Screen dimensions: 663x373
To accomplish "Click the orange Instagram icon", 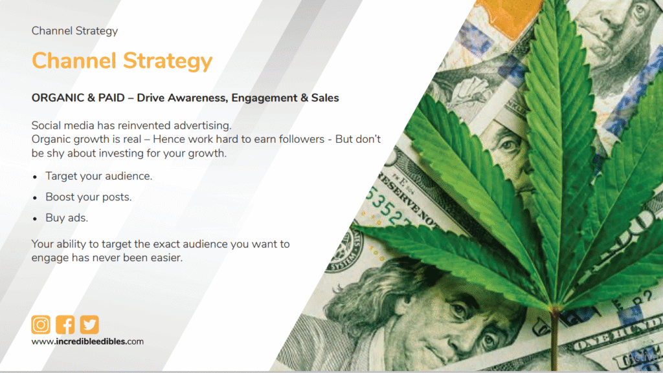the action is click(41, 325).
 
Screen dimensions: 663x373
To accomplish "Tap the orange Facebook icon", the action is click(65, 325).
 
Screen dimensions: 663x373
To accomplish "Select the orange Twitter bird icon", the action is click(89, 325).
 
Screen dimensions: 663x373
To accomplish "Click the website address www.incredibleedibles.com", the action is click(87, 341).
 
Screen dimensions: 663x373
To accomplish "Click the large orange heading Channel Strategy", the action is click(122, 61).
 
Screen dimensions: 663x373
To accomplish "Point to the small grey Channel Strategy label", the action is click(74, 31).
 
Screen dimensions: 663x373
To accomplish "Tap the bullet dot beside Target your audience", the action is click(35, 176).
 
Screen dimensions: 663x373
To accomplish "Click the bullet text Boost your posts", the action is click(88, 197).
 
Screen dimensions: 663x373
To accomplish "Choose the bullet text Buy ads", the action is click(67, 218).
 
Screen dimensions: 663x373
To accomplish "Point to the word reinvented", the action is click(142, 125).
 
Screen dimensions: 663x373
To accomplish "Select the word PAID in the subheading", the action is click(111, 98).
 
